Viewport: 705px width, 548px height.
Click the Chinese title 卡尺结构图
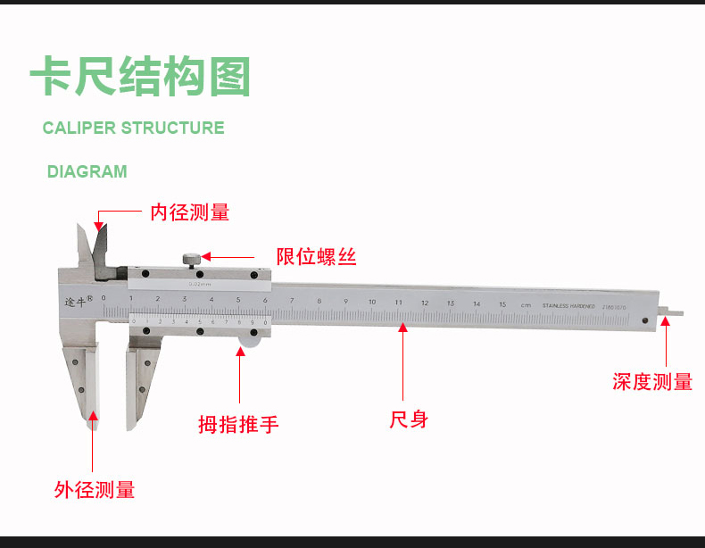(140, 77)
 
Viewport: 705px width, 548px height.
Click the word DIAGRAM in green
(87, 171)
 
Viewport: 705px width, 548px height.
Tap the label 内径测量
(189, 212)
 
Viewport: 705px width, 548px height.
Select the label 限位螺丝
(317, 257)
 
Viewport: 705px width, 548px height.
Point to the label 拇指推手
(238, 424)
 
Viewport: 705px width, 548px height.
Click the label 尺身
(409, 419)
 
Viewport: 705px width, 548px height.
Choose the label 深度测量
(652, 382)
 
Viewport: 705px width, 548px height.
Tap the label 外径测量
(95, 490)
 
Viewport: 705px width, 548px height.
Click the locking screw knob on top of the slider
(192, 260)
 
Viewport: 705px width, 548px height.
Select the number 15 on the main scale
(502, 304)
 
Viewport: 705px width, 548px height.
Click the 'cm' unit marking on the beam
(527, 305)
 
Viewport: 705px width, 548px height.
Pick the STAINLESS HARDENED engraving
(568, 305)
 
